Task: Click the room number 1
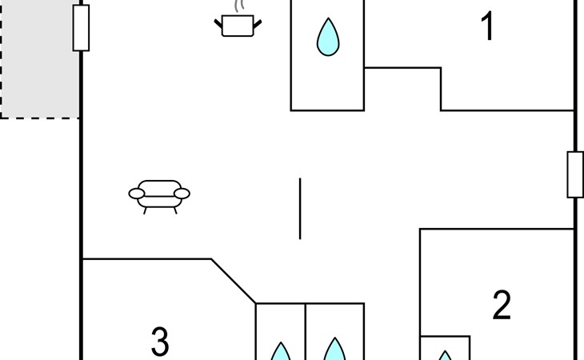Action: coord(487,26)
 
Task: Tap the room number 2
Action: coord(502,305)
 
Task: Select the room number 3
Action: coord(160,341)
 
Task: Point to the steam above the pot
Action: coord(238,6)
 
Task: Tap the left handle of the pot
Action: coord(218,24)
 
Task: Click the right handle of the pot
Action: coord(258,24)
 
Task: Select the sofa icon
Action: coord(159,197)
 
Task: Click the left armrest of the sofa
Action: coord(137,194)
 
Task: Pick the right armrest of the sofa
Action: coord(182,194)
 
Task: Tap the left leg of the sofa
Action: coord(145,210)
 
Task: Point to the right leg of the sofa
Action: coord(175,210)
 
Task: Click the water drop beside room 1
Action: coord(328,38)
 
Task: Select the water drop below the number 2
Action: coord(445,355)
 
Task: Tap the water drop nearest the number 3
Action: coord(281,351)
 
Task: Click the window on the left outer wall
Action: coord(81,28)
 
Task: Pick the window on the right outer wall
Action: coord(575,174)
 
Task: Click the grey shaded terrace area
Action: coord(39,59)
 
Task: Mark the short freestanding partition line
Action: coord(300,209)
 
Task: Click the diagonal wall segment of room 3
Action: coord(234,281)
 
